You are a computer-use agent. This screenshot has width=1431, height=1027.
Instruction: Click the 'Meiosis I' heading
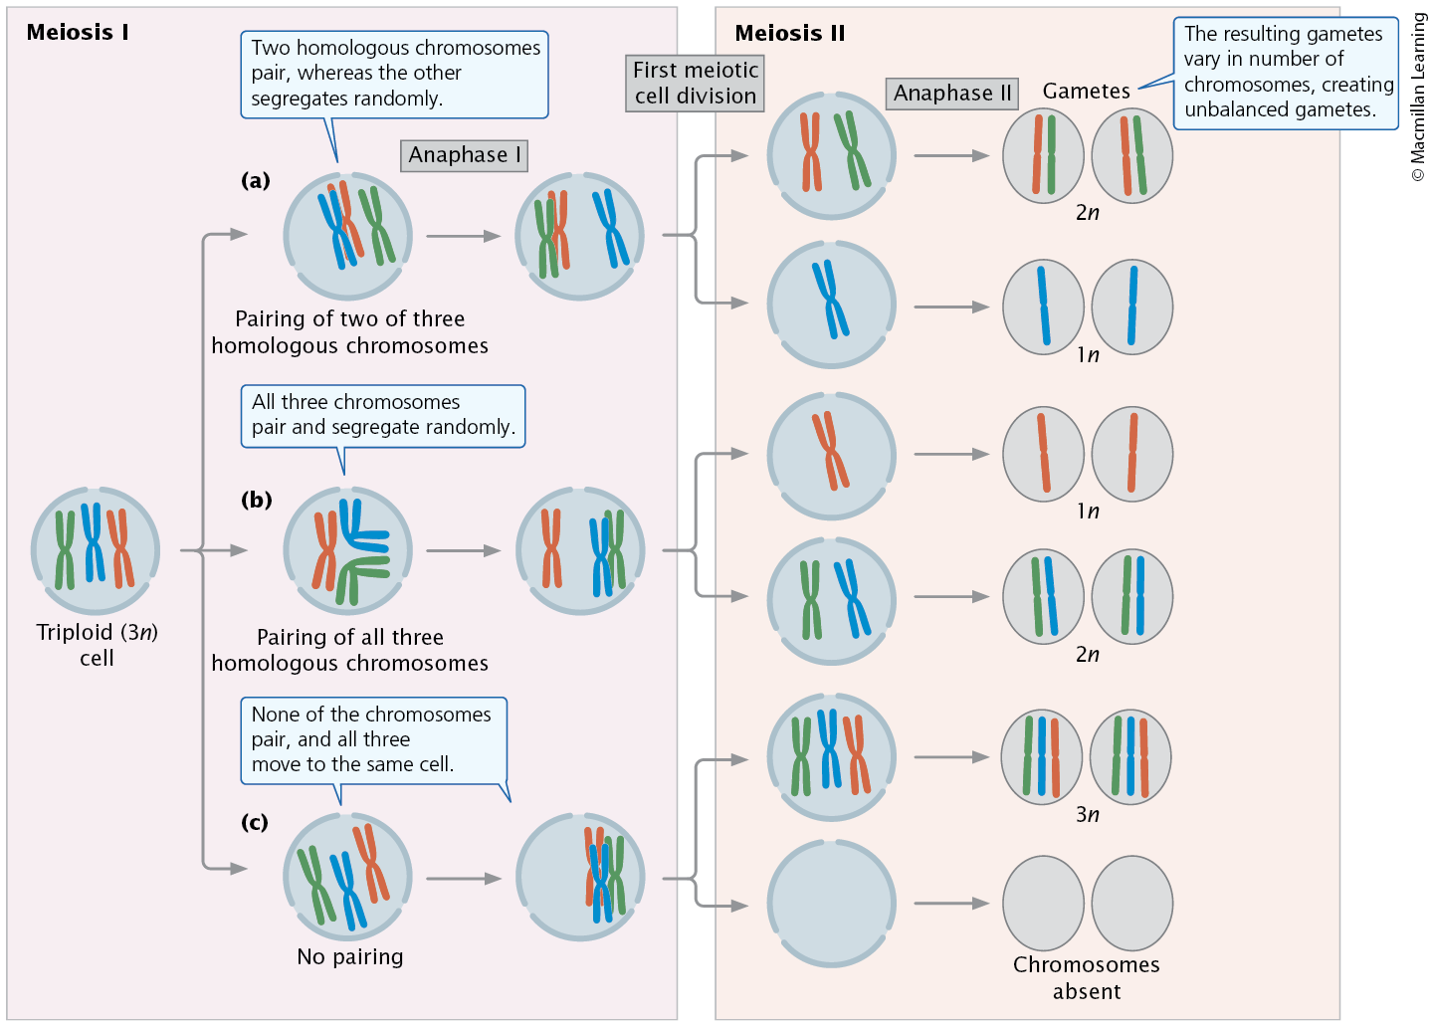pyautogui.click(x=78, y=32)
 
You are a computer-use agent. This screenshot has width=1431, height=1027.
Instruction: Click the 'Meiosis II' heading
pyautogui.click(x=789, y=33)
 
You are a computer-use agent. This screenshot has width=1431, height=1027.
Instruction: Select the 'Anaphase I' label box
pyautogui.click(x=464, y=155)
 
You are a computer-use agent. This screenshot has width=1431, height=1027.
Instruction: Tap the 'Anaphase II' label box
pyautogui.click(x=952, y=94)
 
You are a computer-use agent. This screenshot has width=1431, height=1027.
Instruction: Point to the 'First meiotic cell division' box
pyautogui.click(x=695, y=84)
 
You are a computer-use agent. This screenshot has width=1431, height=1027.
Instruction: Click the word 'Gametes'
pyautogui.click(x=1086, y=92)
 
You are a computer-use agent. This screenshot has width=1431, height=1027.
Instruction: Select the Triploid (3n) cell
pyautogui.click(x=96, y=550)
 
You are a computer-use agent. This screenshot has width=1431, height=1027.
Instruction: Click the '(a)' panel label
pyautogui.click(x=256, y=180)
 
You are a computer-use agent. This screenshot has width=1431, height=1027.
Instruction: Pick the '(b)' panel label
pyautogui.click(x=256, y=500)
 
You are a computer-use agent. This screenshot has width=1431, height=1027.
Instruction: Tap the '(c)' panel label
pyautogui.click(x=255, y=822)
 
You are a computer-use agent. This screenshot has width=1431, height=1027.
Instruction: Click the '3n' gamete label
pyautogui.click(x=1088, y=815)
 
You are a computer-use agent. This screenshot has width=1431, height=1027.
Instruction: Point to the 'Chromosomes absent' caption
pyautogui.click(x=1086, y=977)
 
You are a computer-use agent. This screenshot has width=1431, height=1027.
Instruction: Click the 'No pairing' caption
pyautogui.click(x=350, y=956)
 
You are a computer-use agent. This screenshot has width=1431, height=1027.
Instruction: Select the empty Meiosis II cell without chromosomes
pyautogui.click(x=831, y=904)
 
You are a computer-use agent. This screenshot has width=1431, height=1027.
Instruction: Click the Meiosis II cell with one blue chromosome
pyautogui.click(x=831, y=305)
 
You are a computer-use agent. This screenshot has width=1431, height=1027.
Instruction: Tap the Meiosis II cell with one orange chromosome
pyautogui.click(x=831, y=455)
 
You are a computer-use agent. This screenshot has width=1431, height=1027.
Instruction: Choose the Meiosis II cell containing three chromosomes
pyautogui.click(x=831, y=757)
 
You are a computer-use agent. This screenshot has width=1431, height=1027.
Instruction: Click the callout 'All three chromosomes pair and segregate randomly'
pyautogui.click(x=383, y=415)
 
